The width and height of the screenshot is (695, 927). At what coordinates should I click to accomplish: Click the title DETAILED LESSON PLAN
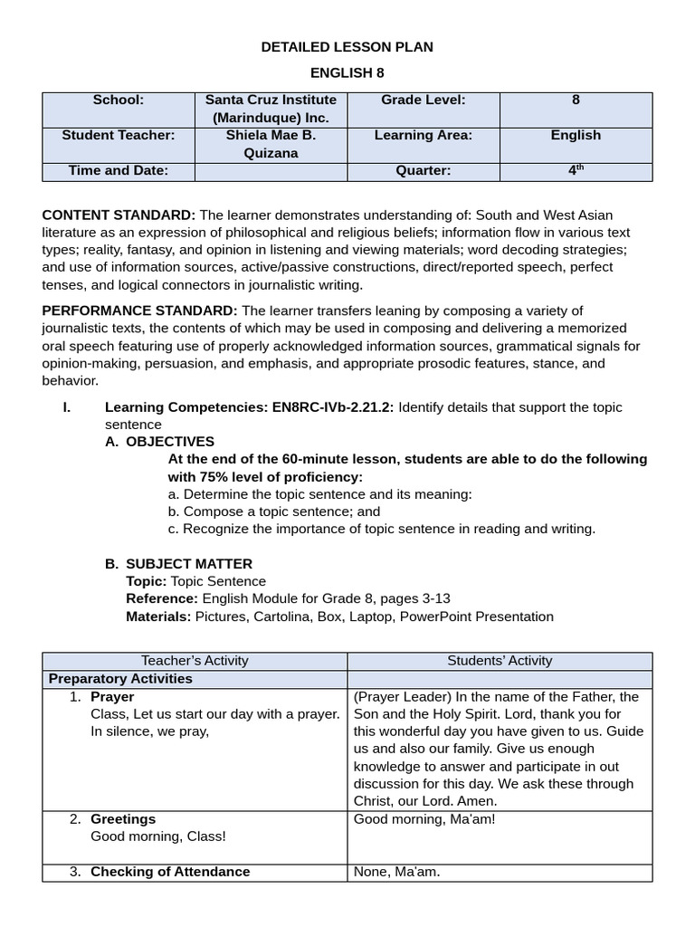coord(347,47)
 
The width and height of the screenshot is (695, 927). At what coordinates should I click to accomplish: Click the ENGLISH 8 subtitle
coord(347,73)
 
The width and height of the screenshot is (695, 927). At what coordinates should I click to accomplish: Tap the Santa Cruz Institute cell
coord(271,109)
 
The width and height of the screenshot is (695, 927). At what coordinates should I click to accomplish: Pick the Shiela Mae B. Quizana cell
coord(271,144)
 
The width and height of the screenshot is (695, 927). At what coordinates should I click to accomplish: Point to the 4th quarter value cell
coord(576,170)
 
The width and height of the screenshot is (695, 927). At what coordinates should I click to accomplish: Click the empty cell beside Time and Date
coord(271,171)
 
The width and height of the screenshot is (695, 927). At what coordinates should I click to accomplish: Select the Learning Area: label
coord(424,135)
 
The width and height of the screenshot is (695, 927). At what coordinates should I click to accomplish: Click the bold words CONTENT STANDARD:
coord(119,215)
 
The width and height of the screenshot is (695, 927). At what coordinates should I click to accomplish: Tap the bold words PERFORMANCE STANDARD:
coord(140,311)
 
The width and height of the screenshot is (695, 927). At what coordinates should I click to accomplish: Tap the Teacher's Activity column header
coord(195,661)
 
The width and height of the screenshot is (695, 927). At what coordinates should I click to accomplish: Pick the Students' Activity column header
coord(500,661)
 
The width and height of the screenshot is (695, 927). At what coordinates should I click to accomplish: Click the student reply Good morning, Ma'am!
coord(424,819)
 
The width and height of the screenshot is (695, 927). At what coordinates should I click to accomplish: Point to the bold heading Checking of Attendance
coord(170,872)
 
